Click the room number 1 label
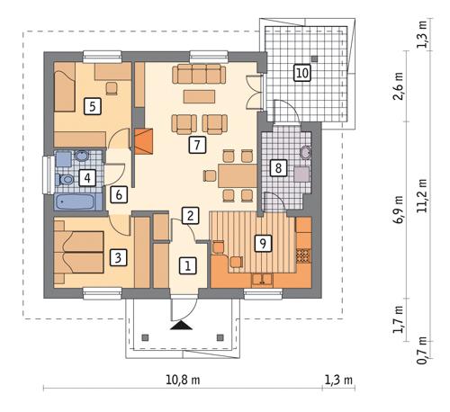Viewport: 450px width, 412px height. [x=187, y=265]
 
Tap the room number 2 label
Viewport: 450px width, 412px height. [x=189, y=215]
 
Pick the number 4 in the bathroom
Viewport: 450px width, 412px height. [x=87, y=178]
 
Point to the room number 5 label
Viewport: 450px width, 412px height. [x=91, y=106]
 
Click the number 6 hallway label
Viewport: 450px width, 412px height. [x=117, y=193]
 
